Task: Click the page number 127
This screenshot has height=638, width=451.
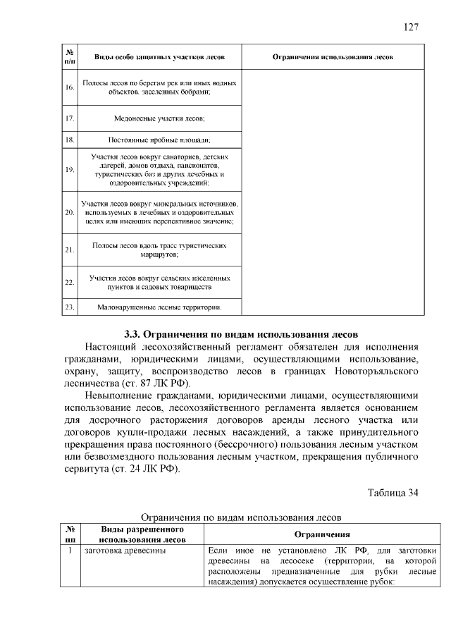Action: (411, 27)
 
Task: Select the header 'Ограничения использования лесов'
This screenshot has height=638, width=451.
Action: (333, 56)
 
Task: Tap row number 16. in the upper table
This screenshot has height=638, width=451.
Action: (70, 87)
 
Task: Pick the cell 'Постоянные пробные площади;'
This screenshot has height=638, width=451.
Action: (159, 139)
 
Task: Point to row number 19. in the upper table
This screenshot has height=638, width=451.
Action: (70, 170)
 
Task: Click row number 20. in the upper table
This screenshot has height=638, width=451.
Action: (70, 212)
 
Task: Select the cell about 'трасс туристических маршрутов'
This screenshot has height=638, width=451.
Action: (159, 250)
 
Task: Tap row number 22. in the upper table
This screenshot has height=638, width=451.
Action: (70, 283)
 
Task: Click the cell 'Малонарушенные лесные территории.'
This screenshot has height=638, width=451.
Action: (159, 307)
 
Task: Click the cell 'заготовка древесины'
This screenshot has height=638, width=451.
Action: (125, 550)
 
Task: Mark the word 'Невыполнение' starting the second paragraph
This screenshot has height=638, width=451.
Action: (123, 396)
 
